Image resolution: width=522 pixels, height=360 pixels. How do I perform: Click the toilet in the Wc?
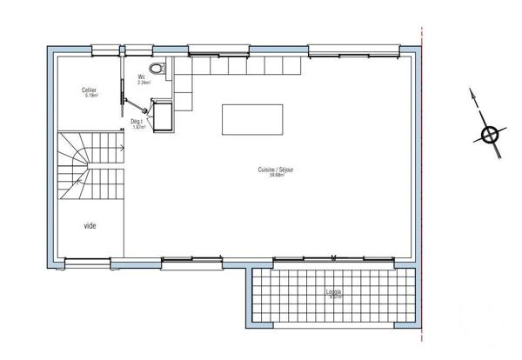pyautogui.click(x=157, y=68)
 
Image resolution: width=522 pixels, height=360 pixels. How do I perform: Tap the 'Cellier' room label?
pyautogui.click(x=90, y=90)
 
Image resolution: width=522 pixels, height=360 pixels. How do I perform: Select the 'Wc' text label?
pyautogui.click(x=141, y=77)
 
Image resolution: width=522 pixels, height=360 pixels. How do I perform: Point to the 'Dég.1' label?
pyautogui.click(x=137, y=122)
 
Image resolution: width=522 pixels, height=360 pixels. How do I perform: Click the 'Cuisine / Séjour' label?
pyautogui.click(x=276, y=170)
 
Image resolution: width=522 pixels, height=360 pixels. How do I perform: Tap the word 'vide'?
pyautogui.click(x=90, y=225)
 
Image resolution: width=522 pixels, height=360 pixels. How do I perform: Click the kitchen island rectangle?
pyautogui.click(x=252, y=119)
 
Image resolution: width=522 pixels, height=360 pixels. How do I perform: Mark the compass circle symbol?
pyautogui.click(x=490, y=135)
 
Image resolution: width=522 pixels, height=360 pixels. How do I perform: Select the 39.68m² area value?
pyautogui.click(x=277, y=176)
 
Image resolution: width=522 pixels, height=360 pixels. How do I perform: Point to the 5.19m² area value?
pyautogui.click(x=90, y=96)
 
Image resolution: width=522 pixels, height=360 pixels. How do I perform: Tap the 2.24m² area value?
pyautogui.click(x=143, y=83)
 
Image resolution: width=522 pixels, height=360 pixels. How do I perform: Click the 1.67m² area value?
pyautogui.click(x=137, y=128)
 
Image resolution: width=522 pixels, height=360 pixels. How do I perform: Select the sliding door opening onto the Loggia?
pyautogui.click(x=334, y=258)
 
